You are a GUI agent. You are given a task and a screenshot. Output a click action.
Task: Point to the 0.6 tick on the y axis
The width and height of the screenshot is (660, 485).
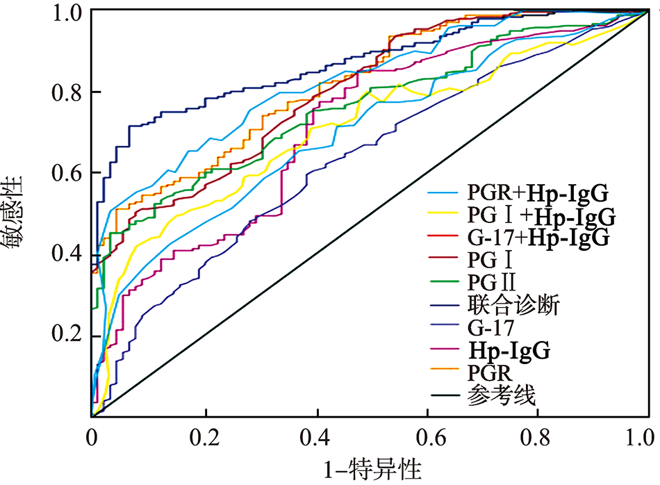point(67,174)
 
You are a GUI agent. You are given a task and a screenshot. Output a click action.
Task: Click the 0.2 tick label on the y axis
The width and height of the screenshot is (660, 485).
point(67,336)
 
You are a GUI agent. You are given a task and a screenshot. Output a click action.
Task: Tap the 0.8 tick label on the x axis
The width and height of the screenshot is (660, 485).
point(538,438)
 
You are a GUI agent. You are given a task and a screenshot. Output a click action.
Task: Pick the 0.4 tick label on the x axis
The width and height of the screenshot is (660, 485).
point(315,438)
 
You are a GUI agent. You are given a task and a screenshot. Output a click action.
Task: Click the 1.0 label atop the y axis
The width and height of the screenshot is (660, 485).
point(67,12)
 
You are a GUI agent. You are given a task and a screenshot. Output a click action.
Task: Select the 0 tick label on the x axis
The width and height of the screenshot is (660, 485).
point(92,438)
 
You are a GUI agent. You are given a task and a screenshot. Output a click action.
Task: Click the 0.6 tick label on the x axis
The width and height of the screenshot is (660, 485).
point(426,438)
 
